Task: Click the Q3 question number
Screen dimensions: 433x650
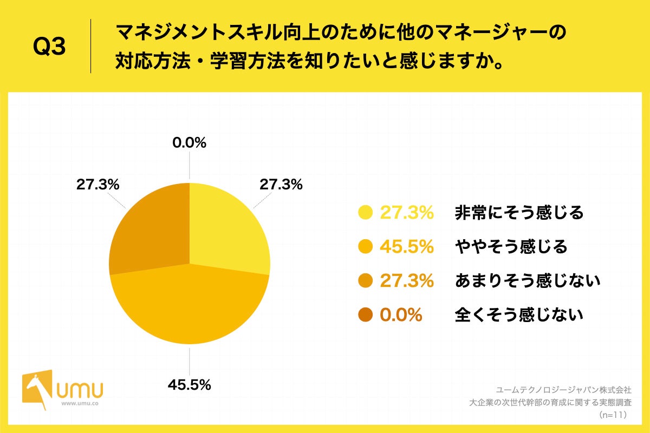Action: [x=49, y=47]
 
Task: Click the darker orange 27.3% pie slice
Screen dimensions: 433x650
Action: [x=152, y=227]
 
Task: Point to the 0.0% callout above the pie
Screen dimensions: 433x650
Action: [x=189, y=143]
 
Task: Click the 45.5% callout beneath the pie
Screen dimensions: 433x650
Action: [x=189, y=385]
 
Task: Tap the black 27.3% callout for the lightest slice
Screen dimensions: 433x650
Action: [x=281, y=185]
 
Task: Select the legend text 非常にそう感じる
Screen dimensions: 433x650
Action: [x=519, y=213]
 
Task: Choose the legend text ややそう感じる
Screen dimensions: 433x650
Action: [x=511, y=247]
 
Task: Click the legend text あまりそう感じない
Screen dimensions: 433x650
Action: [x=528, y=280]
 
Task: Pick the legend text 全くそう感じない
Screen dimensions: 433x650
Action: [x=519, y=314]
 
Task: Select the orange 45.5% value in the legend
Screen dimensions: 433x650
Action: [x=406, y=247]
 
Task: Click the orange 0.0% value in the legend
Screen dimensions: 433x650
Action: [x=401, y=314]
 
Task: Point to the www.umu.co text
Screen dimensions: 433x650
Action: [x=80, y=404]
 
